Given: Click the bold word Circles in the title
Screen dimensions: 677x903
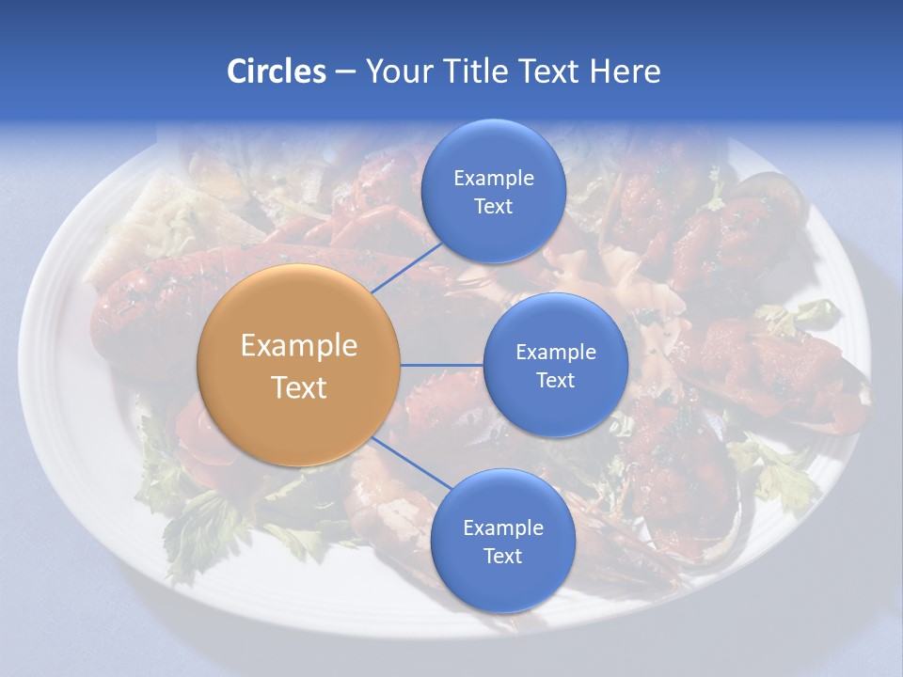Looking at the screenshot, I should pos(276,71).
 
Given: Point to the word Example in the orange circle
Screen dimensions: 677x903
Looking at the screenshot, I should pos(299,346).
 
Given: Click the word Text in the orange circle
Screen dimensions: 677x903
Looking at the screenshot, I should pos(299,387).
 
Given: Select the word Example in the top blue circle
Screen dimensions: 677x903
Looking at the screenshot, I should pos(493,179).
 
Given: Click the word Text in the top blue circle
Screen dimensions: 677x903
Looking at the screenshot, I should pos(493,207).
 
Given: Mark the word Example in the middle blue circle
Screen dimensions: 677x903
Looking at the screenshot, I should pos(555,353).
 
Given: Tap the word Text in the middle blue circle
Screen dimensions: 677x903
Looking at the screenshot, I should pos(555,381).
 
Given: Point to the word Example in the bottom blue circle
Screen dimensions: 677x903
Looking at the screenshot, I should pos(502,528).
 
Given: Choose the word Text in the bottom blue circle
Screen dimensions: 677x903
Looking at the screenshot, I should pos(502,557).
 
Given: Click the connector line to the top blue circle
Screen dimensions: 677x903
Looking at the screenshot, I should pos(407,267).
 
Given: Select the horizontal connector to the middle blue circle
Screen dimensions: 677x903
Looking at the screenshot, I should pos(442,365).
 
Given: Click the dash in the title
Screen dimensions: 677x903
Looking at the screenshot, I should pos(345,72).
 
